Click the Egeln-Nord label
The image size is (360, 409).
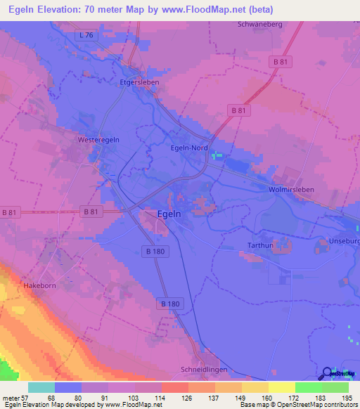coord(190,148)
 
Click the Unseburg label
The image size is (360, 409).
coord(344,242)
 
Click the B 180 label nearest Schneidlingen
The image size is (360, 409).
coord(169,303)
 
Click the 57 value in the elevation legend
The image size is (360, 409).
coord(27,397)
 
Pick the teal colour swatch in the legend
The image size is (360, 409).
coord(41,387)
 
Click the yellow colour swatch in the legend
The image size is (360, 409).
coord(281,387)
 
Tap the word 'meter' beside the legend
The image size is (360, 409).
coord(11,397)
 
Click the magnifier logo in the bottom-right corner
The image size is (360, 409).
coord(328,374)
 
